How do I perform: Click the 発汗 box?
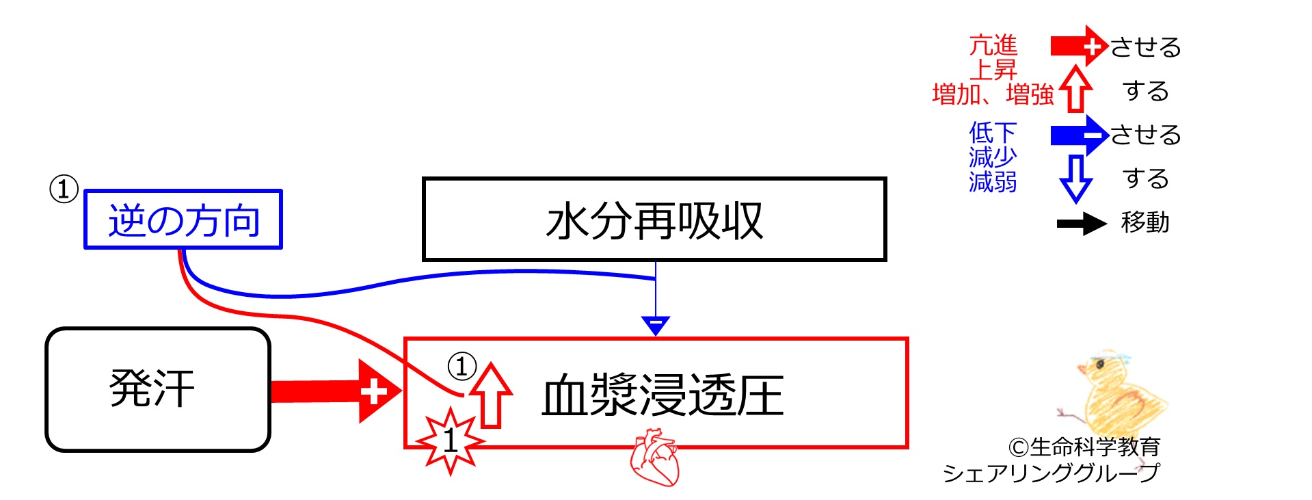tap(158, 389)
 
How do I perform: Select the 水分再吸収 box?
tap(654, 220)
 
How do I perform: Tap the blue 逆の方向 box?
tap(183, 220)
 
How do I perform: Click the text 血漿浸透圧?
tap(662, 395)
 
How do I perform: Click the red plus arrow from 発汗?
tap(335, 391)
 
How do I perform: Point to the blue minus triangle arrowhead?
tap(656, 326)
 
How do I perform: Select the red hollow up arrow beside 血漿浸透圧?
tap(490, 395)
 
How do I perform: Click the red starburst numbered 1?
tap(450, 440)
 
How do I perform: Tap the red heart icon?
tap(654, 457)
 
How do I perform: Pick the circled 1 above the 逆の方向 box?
tap(64, 189)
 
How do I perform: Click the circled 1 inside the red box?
tap(461, 366)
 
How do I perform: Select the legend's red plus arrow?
tap(1080, 46)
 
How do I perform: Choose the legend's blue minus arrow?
tap(1080, 135)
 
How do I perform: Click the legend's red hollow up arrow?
tap(1076, 88)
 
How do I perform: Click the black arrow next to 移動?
tap(1082, 224)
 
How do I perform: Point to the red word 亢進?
tap(993, 45)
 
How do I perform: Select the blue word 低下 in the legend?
tap(993, 132)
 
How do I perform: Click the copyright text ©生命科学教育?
tap(1084, 447)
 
